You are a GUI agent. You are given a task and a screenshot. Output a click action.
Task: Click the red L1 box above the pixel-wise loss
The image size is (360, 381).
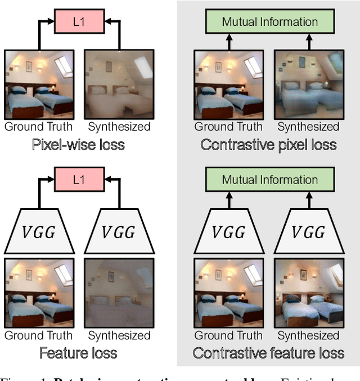click(x=79, y=22)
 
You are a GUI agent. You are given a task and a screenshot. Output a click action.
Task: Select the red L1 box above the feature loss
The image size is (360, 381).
click(x=79, y=181)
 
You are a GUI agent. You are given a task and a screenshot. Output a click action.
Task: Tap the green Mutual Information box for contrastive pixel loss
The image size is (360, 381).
click(x=269, y=22)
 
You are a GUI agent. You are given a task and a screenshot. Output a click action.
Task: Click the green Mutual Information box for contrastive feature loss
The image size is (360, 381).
click(x=269, y=181)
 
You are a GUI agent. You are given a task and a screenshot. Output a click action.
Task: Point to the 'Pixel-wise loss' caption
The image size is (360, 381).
click(x=78, y=145)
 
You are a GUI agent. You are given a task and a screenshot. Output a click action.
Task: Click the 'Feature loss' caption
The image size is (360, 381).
click(x=78, y=353)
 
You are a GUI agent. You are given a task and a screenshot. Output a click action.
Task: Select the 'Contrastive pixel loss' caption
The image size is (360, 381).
click(x=268, y=145)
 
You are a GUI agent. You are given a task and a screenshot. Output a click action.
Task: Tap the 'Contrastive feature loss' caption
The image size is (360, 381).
click(x=268, y=353)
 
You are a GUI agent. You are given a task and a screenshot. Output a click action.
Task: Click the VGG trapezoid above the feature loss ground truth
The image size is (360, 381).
click(x=39, y=231)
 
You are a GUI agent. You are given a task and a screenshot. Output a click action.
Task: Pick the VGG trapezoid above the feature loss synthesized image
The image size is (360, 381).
click(x=119, y=231)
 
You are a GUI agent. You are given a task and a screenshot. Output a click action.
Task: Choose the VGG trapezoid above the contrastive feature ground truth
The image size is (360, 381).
click(x=229, y=231)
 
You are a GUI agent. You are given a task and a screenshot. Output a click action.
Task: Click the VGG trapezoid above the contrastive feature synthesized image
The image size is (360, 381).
click(x=308, y=231)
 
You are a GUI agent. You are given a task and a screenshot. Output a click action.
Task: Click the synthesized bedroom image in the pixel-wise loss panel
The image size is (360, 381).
click(x=119, y=84)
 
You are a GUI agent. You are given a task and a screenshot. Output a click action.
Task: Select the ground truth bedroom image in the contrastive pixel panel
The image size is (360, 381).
click(x=229, y=84)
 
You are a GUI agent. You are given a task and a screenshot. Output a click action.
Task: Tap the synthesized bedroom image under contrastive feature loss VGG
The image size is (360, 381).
click(x=308, y=293)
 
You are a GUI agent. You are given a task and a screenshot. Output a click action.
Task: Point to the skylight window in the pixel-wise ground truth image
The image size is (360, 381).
click(x=63, y=66)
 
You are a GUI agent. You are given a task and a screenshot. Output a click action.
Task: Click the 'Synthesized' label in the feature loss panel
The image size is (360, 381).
click(x=119, y=336)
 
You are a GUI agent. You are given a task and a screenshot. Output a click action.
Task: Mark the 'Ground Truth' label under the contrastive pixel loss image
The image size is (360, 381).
click(x=228, y=127)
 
